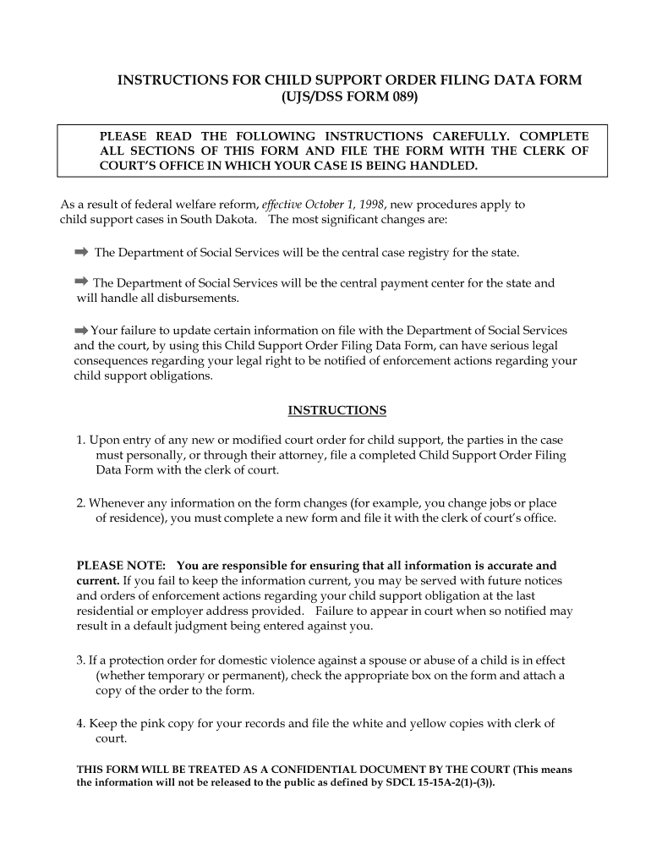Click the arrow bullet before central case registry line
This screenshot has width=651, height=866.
pyautogui.click(x=81, y=252)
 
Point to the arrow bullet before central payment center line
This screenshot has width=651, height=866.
pyautogui.click(x=81, y=282)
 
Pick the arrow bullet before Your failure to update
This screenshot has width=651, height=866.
pyautogui.click(x=81, y=330)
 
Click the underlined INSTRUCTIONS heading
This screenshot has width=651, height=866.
pyautogui.click(x=337, y=411)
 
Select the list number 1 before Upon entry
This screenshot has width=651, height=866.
pyautogui.click(x=80, y=441)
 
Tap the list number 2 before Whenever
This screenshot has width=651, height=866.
pyautogui.click(x=80, y=502)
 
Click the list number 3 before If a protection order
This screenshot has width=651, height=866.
pyautogui.click(x=80, y=660)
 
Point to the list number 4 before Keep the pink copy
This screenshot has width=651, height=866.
pyautogui.click(x=80, y=723)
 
